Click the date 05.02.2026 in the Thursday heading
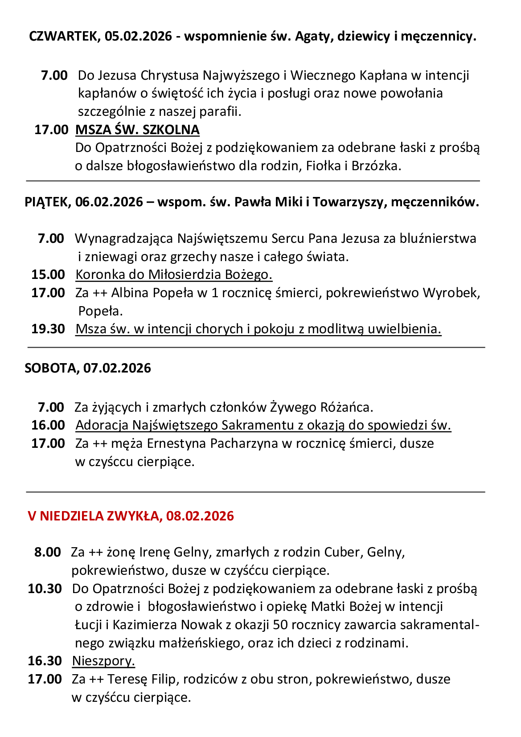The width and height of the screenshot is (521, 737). tap(138, 36)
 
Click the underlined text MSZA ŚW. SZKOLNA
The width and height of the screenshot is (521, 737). tap(137, 130)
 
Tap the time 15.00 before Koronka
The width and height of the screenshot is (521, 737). tap(48, 274)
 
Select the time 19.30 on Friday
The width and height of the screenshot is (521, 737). tap(48, 329)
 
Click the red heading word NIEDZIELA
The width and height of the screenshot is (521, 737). tap(72, 516)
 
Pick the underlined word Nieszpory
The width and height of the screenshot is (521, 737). tap(103, 661)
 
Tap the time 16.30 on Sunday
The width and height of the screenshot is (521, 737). tap(45, 661)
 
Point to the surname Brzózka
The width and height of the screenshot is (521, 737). tap(376, 166)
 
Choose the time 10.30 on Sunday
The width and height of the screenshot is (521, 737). tap(45, 589)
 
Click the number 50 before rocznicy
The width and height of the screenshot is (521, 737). tap(280, 625)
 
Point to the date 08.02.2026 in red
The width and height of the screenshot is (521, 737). tap(200, 516)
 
